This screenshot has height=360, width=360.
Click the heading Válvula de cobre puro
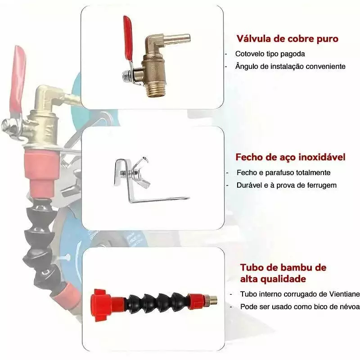click(x=288, y=39)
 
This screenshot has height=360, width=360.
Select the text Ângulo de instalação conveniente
click(x=290, y=66)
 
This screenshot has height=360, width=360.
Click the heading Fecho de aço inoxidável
click(x=290, y=157)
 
